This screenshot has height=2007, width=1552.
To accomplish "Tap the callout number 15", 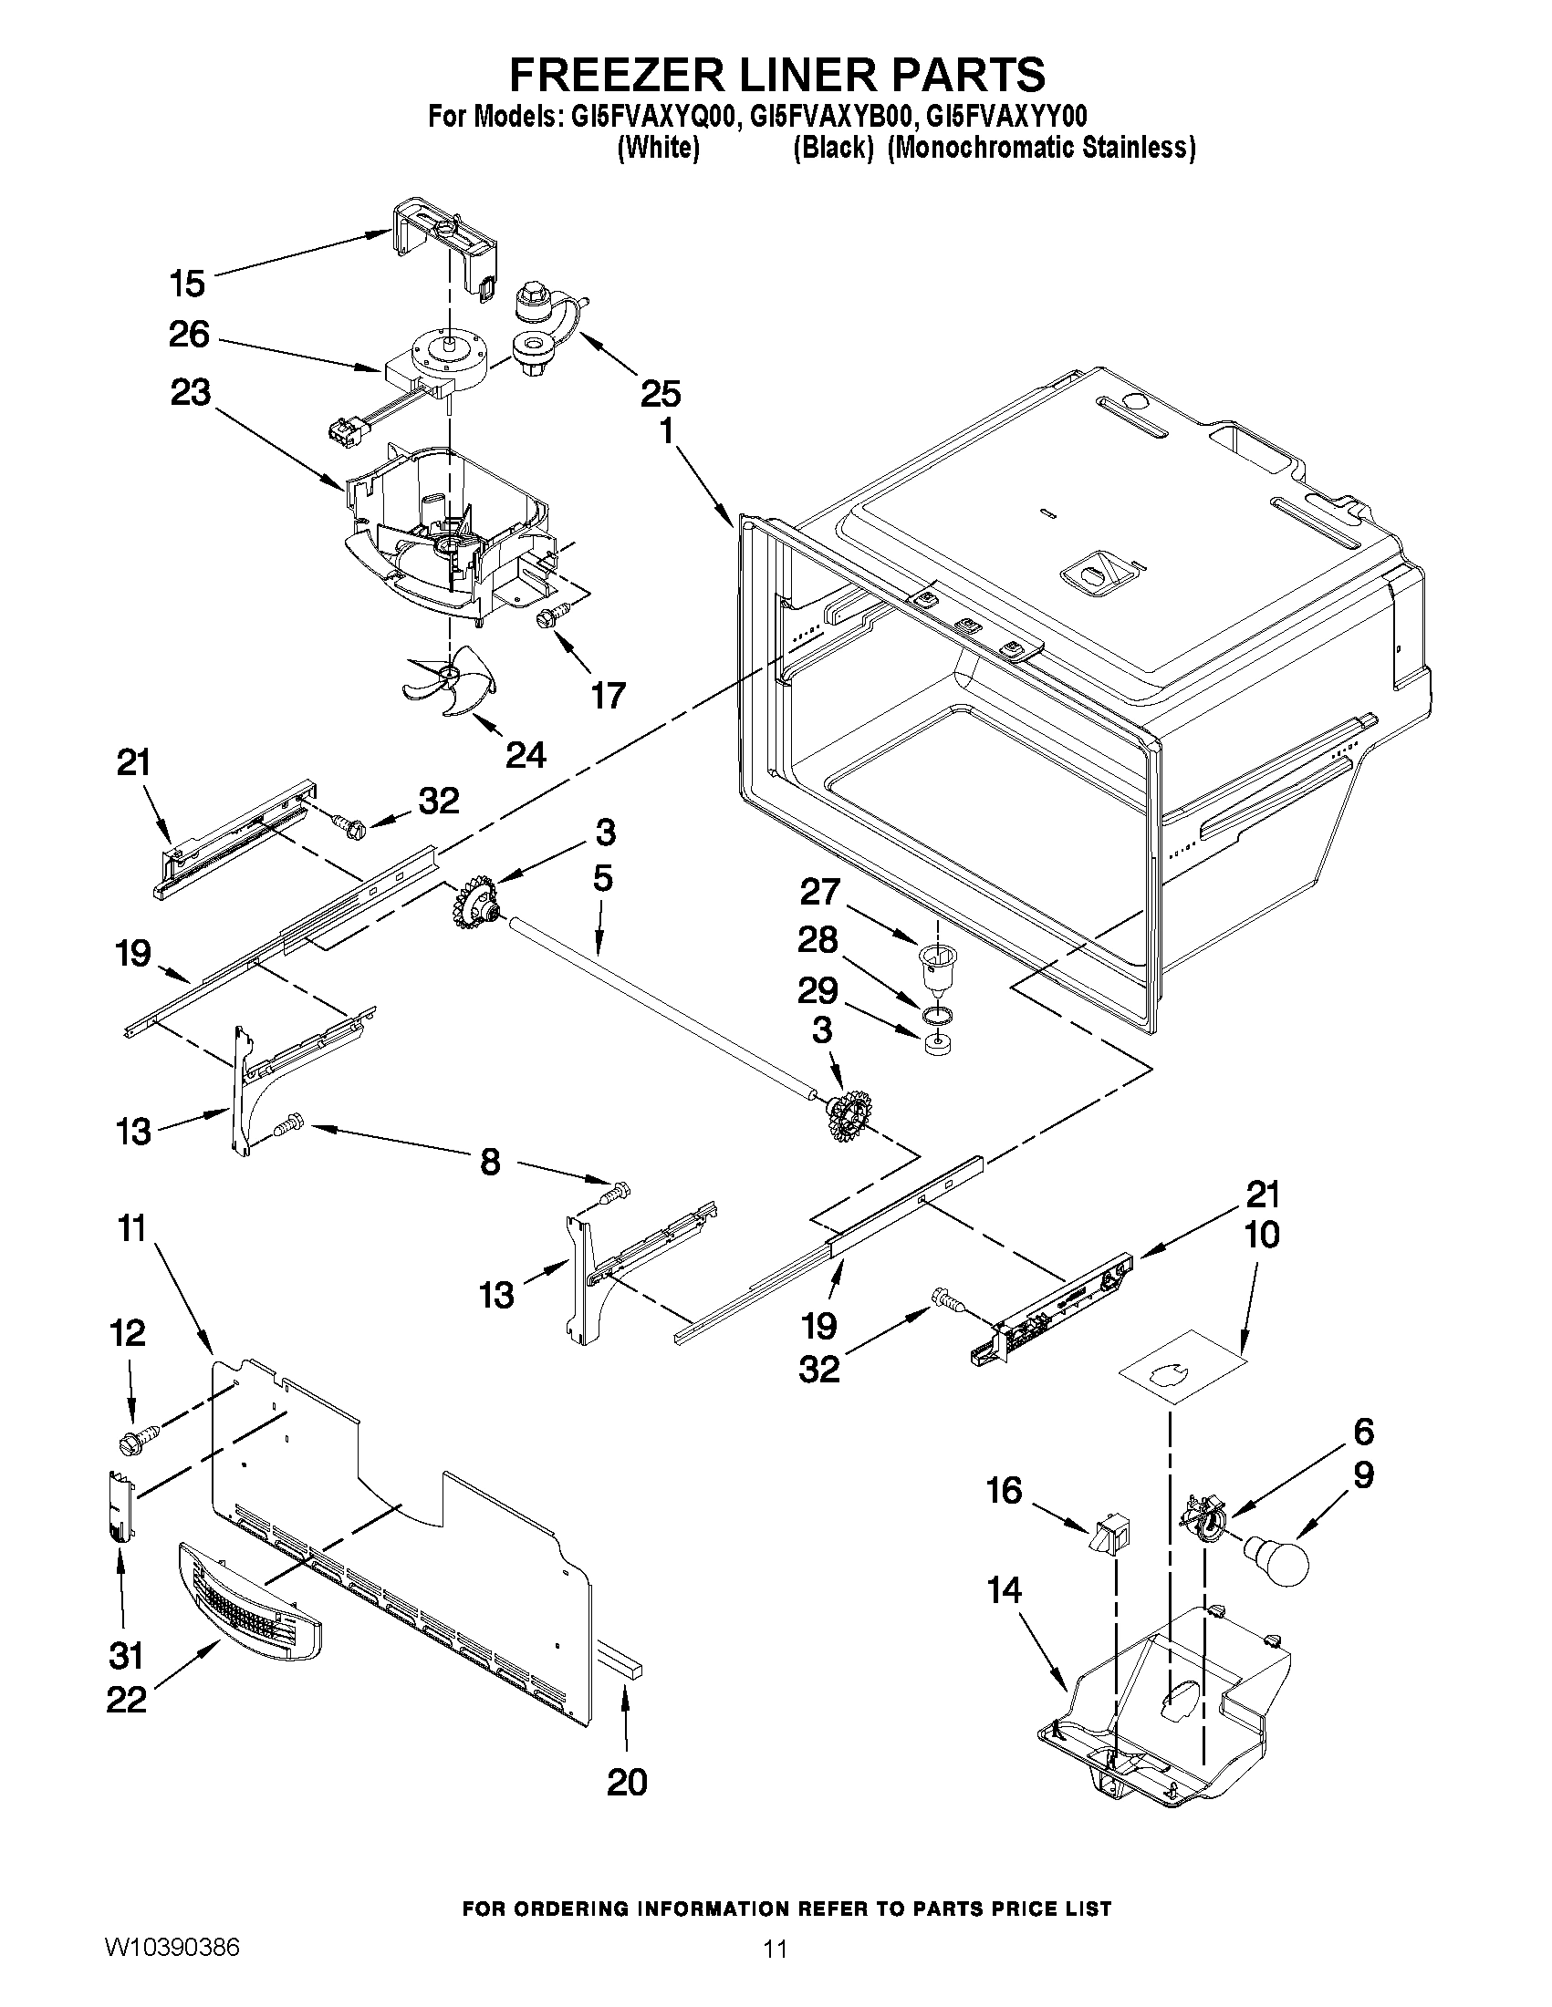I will coord(188,283).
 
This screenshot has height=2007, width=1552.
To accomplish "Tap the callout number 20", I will coord(627,1782).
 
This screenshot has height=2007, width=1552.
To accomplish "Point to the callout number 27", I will coord(820,892).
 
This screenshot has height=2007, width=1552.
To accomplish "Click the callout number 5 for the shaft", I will coord(602,878).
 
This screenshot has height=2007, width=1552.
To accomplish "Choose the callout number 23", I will coord(191,392).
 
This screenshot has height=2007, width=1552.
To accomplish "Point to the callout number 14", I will coord(1004,1589).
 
